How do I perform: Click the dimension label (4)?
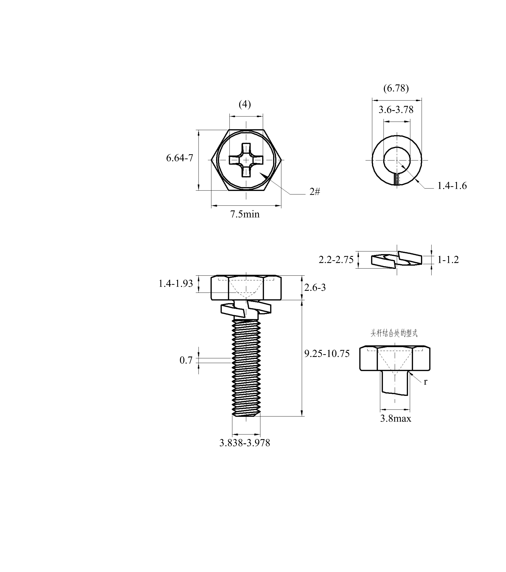[x=245, y=104]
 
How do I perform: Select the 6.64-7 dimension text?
[x=180, y=158]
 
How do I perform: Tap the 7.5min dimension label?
[x=245, y=214]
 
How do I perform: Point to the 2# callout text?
[x=315, y=192]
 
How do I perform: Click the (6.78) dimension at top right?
[x=396, y=88]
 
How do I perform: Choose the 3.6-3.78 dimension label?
[x=396, y=110]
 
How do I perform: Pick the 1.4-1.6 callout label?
[x=452, y=186]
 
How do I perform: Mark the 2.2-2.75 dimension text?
[x=336, y=260]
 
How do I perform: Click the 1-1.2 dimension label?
[x=448, y=260]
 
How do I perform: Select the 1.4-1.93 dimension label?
[x=176, y=284]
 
